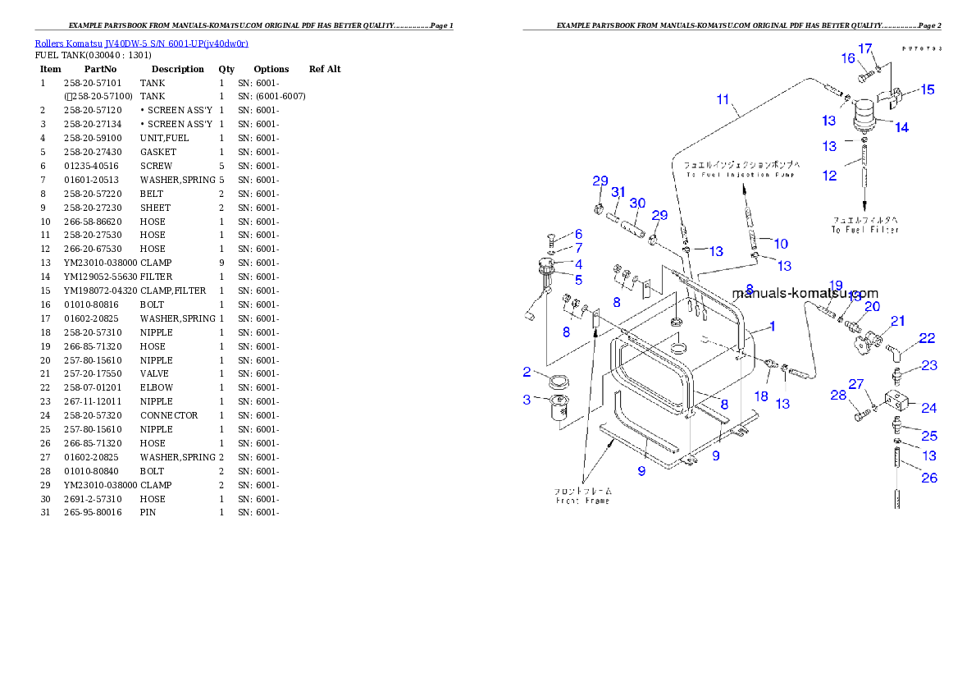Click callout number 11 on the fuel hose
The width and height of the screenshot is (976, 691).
[723, 100]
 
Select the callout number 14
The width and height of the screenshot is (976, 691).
[901, 127]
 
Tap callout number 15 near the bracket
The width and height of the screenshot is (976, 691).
[927, 89]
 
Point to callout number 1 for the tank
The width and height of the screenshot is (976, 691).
[771, 326]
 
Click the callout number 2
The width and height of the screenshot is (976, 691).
[527, 373]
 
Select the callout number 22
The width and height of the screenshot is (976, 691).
[927, 337]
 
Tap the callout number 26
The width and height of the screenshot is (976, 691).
[928, 478]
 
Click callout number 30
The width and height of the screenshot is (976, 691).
[637, 204]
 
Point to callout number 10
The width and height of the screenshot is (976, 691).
[780, 243]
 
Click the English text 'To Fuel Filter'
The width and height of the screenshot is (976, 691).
[865, 230]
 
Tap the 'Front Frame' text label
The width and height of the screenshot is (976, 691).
[582, 500]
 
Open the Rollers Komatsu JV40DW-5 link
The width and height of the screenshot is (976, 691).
[141, 43]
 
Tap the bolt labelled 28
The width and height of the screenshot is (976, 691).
[859, 416]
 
